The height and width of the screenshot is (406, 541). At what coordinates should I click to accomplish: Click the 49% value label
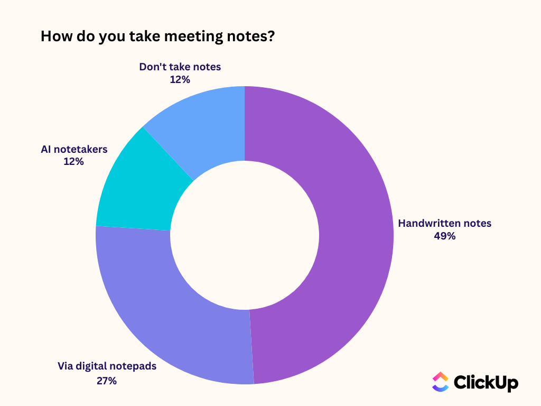coord(444,236)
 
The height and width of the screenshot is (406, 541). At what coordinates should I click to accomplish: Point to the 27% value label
coord(107,380)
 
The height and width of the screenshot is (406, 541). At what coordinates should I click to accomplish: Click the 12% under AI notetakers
coord(73,162)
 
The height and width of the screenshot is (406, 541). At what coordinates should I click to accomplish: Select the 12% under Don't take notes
coord(180,80)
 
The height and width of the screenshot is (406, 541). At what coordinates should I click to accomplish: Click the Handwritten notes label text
coord(444,223)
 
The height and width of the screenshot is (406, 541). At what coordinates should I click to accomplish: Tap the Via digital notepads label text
coord(107,366)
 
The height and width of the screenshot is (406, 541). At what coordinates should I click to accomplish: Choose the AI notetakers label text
coord(74,149)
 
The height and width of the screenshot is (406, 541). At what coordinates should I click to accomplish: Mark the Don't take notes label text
coord(180,67)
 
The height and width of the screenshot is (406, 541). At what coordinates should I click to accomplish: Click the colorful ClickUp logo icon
coord(440,382)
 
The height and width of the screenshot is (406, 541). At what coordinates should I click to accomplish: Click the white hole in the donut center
coord(245,235)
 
